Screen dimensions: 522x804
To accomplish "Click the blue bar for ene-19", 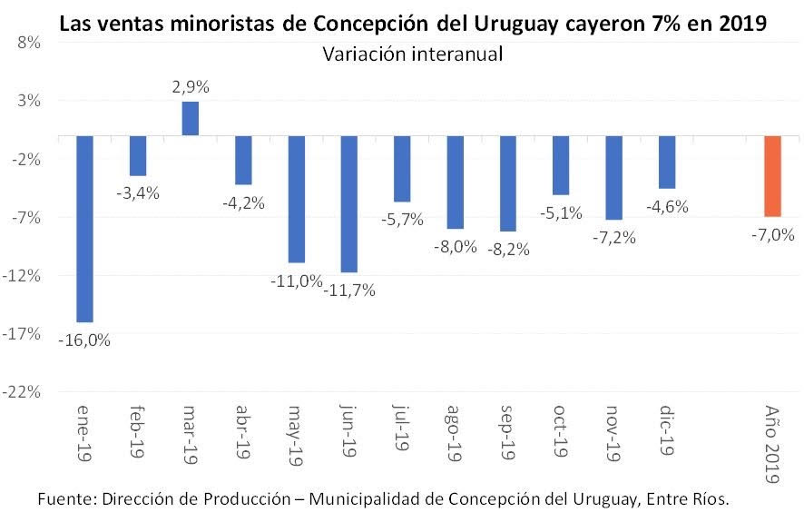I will [x=84, y=229].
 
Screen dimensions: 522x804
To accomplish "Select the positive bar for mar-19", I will [x=191, y=118].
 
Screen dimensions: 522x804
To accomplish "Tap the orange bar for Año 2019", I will [x=772, y=176].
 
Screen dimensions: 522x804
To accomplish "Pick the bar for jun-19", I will [x=349, y=204].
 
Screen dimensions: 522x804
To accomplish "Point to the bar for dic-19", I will [x=667, y=163].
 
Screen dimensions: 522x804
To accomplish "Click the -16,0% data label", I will [x=84, y=340].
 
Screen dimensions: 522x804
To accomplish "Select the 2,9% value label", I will [x=191, y=88].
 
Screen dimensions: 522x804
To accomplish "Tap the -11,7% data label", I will [x=349, y=291].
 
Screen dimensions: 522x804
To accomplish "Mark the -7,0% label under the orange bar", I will [x=772, y=235].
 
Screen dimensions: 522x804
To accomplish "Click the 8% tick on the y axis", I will [x=27, y=42].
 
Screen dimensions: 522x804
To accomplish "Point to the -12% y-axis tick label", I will [x=24, y=275].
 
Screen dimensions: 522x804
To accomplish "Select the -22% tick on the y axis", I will [x=24, y=391].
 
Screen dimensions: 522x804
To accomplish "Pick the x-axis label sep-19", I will [x=508, y=431].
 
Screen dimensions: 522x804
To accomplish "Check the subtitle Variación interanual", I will [x=412, y=55].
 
